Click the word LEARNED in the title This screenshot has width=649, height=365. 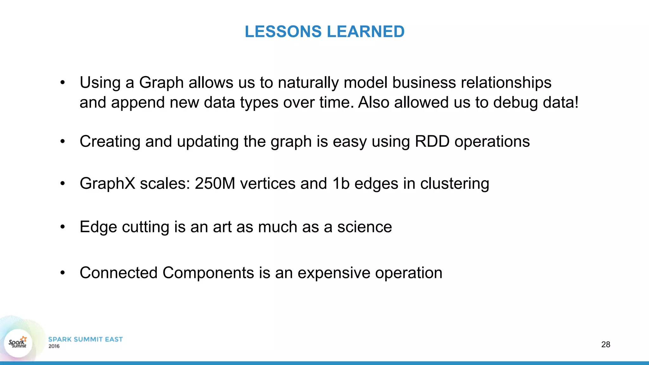pyautogui.click(x=365, y=32)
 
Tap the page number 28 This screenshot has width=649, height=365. pyautogui.click(x=606, y=344)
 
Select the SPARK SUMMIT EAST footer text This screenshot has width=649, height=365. pyautogui.click(x=85, y=339)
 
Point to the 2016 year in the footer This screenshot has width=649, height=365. pyautogui.click(x=54, y=346)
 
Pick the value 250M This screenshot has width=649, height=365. pyautogui.click(x=215, y=183)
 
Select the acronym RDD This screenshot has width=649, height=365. pyautogui.click(x=432, y=141)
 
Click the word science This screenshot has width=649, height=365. pyautogui.click(x=364, y=227)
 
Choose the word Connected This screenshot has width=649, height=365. pyautogui.click(x=119, y=273)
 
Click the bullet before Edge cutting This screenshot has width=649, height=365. pyautogui.click(x=63, y=227)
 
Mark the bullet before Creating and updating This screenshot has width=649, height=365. pyautogui.click(x=63, y=141)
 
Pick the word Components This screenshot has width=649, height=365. pyautogui.click(x=208, y=273)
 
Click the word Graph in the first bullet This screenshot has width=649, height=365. pyautogui.click(x=161, y=83)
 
